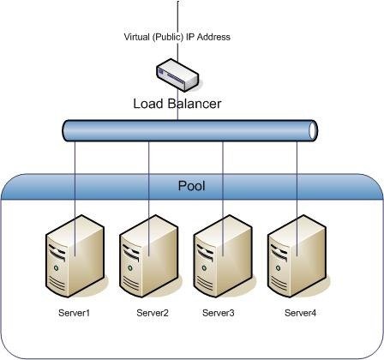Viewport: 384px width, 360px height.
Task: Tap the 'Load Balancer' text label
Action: [177, 104]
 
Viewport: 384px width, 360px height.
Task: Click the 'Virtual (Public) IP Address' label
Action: [177, 37]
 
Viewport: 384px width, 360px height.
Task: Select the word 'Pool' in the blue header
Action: [191, 185]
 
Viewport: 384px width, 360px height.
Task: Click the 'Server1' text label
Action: [74, 313]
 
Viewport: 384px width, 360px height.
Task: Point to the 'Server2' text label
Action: [153, 313]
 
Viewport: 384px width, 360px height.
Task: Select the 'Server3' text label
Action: [218, 313]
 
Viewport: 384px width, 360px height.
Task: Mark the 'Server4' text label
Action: [300, 313]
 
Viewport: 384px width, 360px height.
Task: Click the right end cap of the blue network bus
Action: [313, 130]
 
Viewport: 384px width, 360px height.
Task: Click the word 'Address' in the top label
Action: [214, 37]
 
